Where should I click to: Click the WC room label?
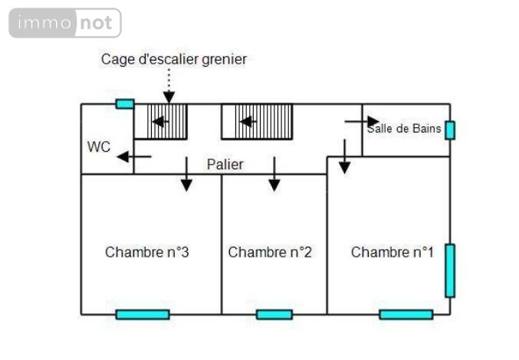99,146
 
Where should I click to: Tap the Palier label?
225,165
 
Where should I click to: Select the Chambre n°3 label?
147,252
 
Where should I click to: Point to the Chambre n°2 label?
270,252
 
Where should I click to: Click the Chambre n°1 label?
393,252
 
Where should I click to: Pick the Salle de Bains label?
404,129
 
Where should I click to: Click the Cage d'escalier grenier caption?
174,59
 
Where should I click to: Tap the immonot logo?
65,23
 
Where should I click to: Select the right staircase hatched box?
258,121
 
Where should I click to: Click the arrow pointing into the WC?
133,157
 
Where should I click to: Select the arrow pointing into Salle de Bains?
362,121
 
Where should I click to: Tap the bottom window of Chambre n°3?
143,314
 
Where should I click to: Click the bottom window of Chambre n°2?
274,314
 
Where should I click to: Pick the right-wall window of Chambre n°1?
450,270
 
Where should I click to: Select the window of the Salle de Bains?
450,130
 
